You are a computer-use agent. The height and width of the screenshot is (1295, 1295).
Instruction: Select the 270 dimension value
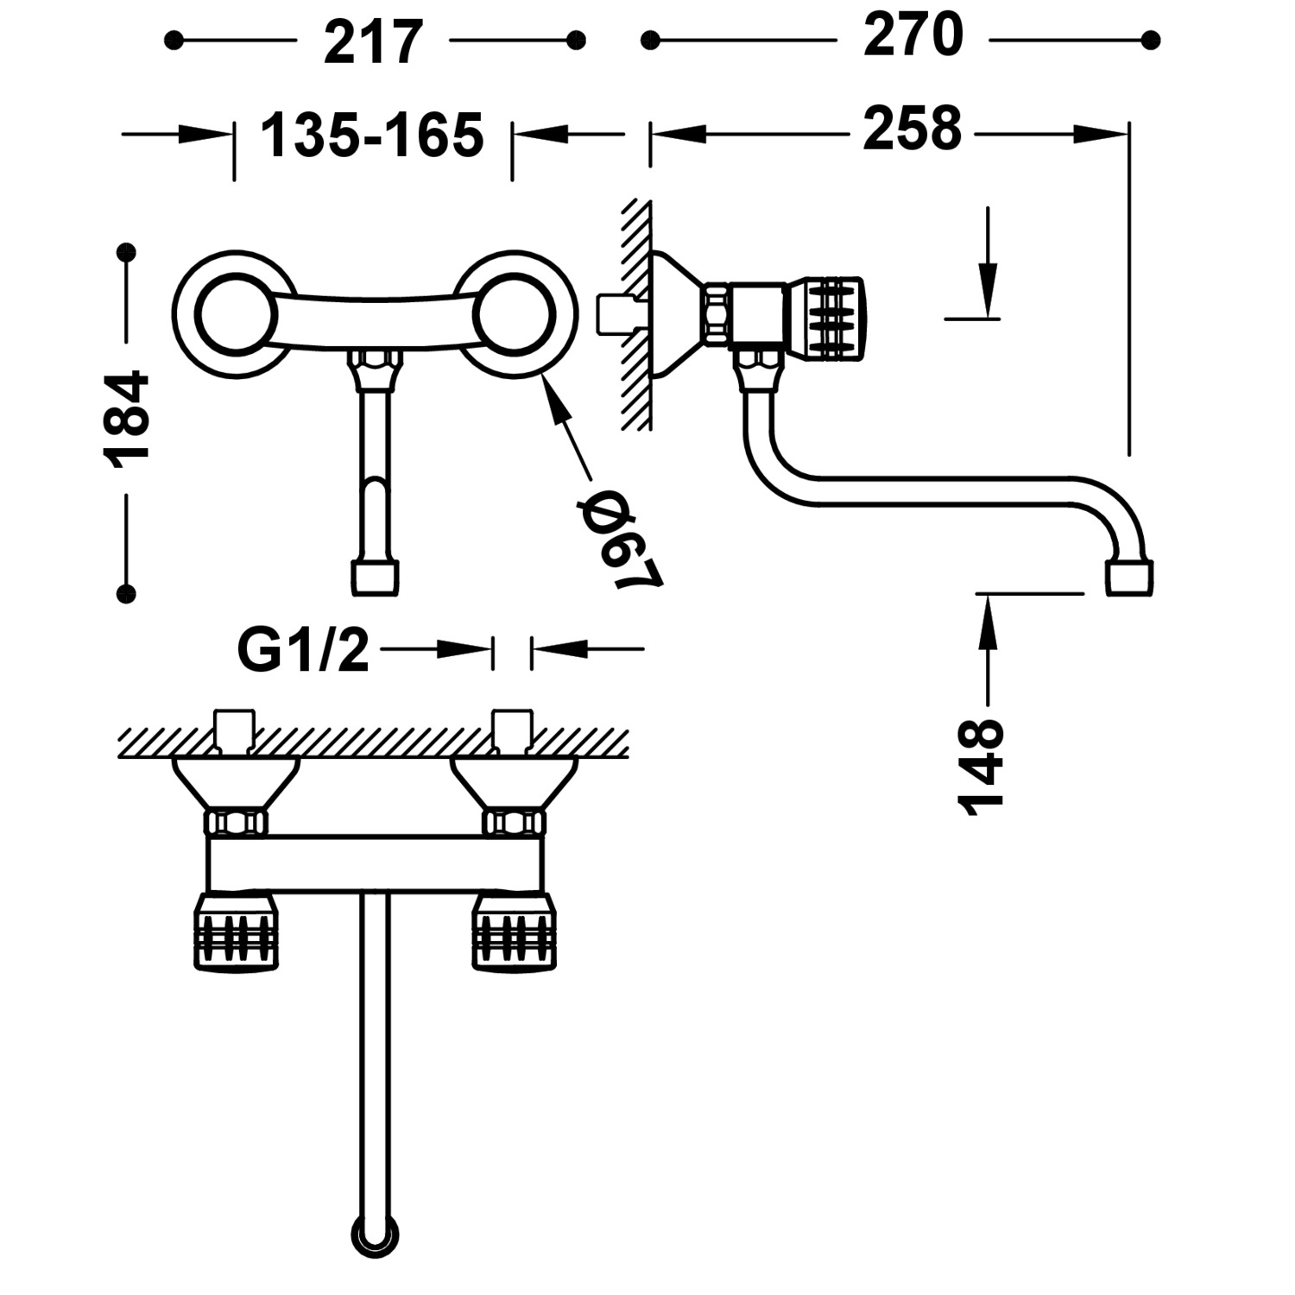pyautogui.click(x=913, y=36)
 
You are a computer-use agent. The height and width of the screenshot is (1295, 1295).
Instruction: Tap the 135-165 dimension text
pyautogui.click(x=372, y=136)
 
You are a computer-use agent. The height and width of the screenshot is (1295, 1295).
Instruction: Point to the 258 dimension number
pyautogui.click(x=912, y=129)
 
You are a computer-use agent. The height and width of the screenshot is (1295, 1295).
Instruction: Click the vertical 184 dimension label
pyautogui.click(x=127, y=420)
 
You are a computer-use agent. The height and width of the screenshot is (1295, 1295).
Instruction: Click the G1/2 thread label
pyautogui.click(x=303, y=650)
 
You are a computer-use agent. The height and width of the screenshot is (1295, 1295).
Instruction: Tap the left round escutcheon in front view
pyautogui.click(x=234, y=314)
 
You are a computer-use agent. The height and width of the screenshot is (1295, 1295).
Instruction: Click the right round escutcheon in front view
pyautogui.click(x=515, y=314)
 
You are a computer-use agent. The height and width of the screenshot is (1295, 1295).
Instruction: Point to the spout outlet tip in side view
pyautogui.click(x=1129, y=577)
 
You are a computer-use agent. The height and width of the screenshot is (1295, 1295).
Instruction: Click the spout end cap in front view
pyautogui.click(x=376, y=578)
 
